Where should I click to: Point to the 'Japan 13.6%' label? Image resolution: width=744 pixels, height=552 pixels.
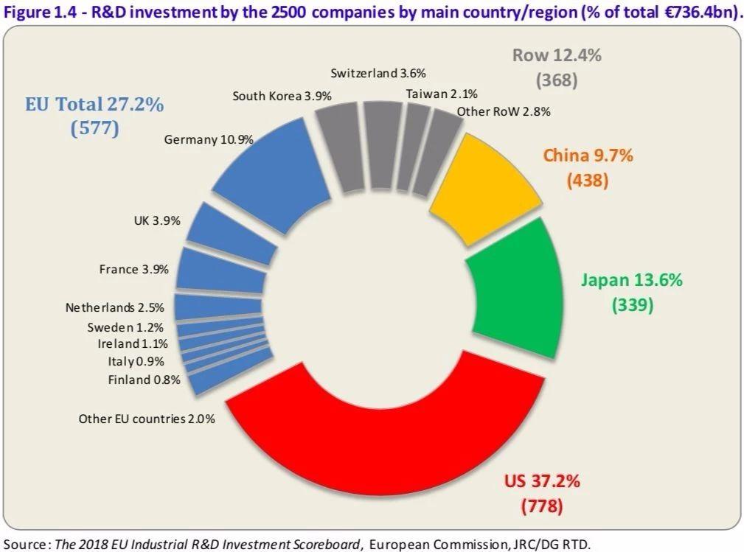631,280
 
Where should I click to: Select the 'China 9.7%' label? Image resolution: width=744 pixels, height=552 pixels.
588,156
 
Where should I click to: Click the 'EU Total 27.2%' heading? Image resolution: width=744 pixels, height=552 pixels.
89,104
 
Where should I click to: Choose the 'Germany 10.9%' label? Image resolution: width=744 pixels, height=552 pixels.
209,139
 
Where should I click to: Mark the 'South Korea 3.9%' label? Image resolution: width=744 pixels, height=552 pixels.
282,97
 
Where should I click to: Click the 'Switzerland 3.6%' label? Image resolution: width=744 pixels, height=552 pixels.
378,73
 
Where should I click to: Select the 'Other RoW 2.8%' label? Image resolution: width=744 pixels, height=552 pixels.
503,112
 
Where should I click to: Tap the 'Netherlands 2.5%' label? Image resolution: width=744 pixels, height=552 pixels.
114,307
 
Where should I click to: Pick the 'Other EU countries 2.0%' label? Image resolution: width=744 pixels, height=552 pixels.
147,419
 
